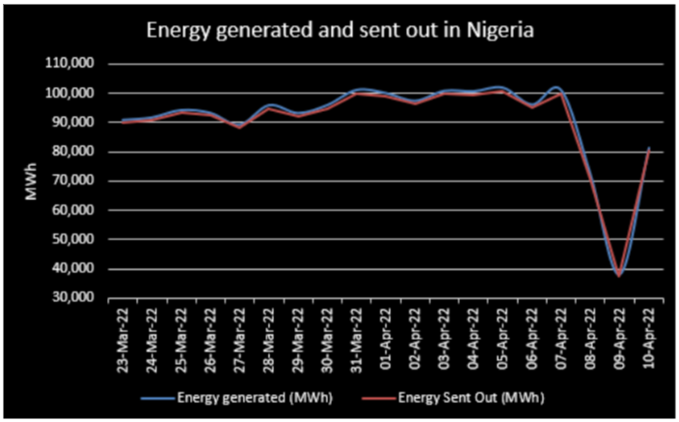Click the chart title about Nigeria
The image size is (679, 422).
(339, 32)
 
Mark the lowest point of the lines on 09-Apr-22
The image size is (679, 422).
(619, 275)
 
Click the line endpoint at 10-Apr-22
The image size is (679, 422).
(649, 149)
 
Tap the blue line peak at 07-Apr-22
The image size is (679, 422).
(557, 87)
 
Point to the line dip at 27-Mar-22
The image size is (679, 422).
(240, 127)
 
